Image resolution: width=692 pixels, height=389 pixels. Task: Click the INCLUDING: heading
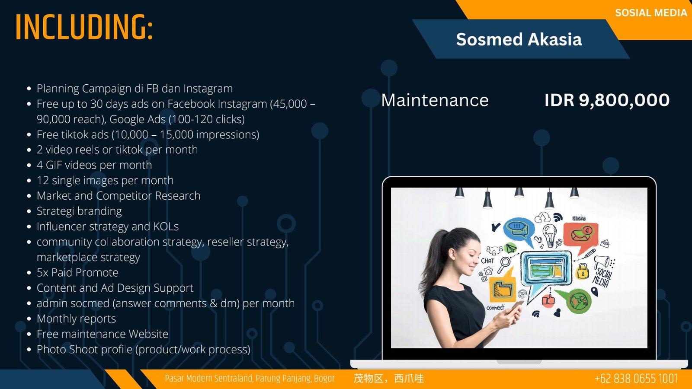pos(84,27)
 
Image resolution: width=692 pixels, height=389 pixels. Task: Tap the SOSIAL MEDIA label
pos(651,13)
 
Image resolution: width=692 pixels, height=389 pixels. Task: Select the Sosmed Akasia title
pos(519,39)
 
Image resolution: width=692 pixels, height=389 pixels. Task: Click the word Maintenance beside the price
pos(435,100)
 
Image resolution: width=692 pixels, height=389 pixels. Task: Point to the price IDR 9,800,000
pos(607,100)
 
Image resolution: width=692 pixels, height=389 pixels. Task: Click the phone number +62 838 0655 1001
pos(636,379)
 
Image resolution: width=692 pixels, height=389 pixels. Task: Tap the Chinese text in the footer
pos(388,379)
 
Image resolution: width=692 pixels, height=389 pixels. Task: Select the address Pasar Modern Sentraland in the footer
pos(250,379)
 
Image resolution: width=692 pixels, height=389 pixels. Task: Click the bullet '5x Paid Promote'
pos(77,272)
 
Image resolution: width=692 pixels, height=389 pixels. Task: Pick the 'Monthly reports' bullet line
pos(76,319)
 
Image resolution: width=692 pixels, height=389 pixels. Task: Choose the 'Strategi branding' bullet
pos(79,211)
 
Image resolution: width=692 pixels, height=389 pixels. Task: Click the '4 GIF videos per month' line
pos(94,165)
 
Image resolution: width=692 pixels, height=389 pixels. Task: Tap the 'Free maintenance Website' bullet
pos(102,334)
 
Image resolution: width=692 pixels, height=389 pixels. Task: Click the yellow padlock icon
pos(582,271)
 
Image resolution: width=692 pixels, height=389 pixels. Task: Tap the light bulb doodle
pos(550,235)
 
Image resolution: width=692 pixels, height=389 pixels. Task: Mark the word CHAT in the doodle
pos(487,261)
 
